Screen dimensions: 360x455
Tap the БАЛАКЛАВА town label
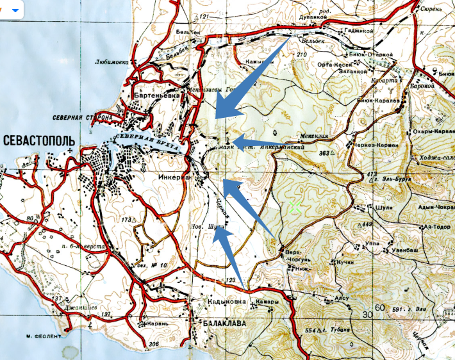[223, 324]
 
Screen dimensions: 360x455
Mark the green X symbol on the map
[295, 206]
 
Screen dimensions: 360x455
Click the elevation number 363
[327, 154]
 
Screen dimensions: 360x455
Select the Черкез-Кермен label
[378, 145]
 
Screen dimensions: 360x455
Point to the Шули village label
[377, 206]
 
